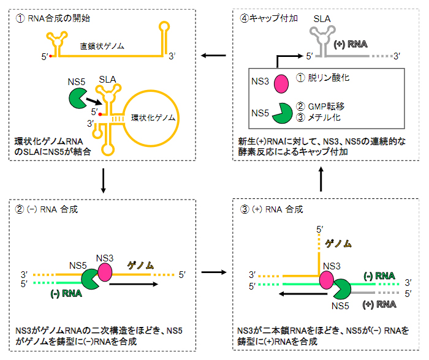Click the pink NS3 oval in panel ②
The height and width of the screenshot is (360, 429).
coord(104,271)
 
